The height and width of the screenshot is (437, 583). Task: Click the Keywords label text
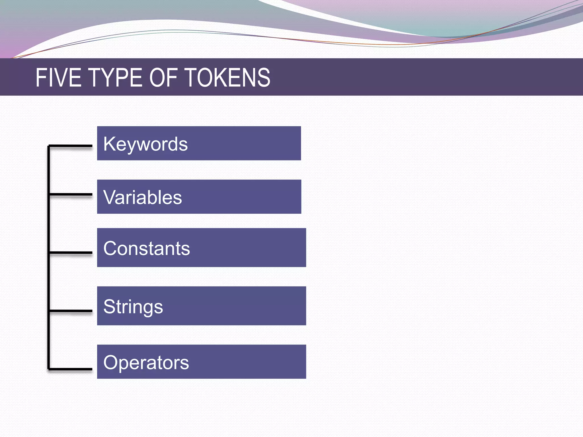[x=145, y=144]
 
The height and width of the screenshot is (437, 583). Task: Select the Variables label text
[x=142, y=197]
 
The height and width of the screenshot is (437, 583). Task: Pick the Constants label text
[x=146, y=248]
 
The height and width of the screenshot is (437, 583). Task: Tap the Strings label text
[x=133, y=307]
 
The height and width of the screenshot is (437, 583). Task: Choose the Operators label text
[x=146, y=362]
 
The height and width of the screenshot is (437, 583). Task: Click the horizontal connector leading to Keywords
[x=71, y=146]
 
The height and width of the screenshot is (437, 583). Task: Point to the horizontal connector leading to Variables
[x=71, y=195]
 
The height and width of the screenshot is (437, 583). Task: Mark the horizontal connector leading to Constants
[x=71, y=252]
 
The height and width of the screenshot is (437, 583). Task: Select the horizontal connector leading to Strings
[x=71, y=311]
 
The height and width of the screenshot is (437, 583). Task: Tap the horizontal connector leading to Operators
[x=71, y=369]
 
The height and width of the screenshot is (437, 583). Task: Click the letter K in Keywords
[x=109, y=144]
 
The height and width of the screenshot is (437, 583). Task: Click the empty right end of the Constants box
[x=279, y=248]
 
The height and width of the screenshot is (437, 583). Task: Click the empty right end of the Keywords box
[x=273, y=143]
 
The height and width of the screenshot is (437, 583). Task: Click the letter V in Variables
[x=109, y=197]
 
